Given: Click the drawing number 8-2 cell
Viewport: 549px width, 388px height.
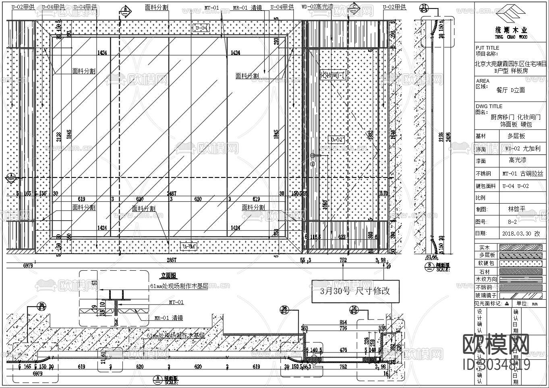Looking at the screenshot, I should tap(512, 222).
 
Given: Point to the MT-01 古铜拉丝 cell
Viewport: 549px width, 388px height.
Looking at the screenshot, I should tap(522, 174).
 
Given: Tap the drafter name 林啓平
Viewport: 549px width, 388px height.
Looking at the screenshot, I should tap(517, 209).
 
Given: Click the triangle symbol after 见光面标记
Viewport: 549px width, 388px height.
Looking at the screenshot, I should tap(507, 304).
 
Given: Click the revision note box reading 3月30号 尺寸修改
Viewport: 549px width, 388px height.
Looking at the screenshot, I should tap(355, 291).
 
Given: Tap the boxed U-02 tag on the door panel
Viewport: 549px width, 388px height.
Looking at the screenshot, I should tap(337, 140).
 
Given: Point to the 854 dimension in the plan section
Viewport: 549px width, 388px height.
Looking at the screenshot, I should tap(343, 322).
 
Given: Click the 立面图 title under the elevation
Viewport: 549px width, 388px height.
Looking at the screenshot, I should tap(168, 276).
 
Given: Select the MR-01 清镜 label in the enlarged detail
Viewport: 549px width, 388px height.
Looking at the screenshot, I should tap(169, 318).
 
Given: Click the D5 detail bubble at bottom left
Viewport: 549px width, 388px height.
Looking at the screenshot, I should tap(41, 305).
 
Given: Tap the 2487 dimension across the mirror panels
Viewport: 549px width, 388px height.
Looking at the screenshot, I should tap(172, 194).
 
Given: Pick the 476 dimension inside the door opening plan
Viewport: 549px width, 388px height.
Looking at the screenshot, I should tap(343, 350).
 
